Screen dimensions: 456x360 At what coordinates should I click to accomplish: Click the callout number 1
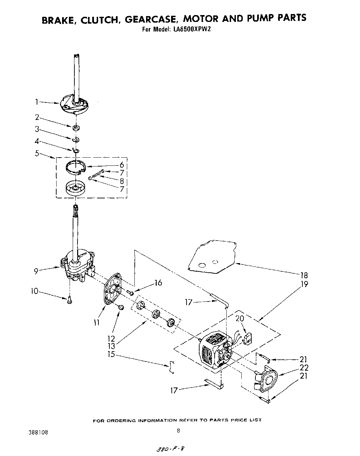click(36, 101)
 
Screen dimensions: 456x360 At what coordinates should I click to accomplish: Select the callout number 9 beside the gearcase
click(36, 271)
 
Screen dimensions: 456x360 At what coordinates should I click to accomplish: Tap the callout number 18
click(303, 275)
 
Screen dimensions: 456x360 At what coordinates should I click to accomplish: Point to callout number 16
click(158, 283)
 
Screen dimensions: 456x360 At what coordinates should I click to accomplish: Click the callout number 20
click(240, 319)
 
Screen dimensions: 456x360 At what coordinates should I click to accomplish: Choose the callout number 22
click(303, 368)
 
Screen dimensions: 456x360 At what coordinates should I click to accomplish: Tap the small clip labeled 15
click(172, 366)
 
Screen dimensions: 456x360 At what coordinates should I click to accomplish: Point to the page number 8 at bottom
click(178, 431)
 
